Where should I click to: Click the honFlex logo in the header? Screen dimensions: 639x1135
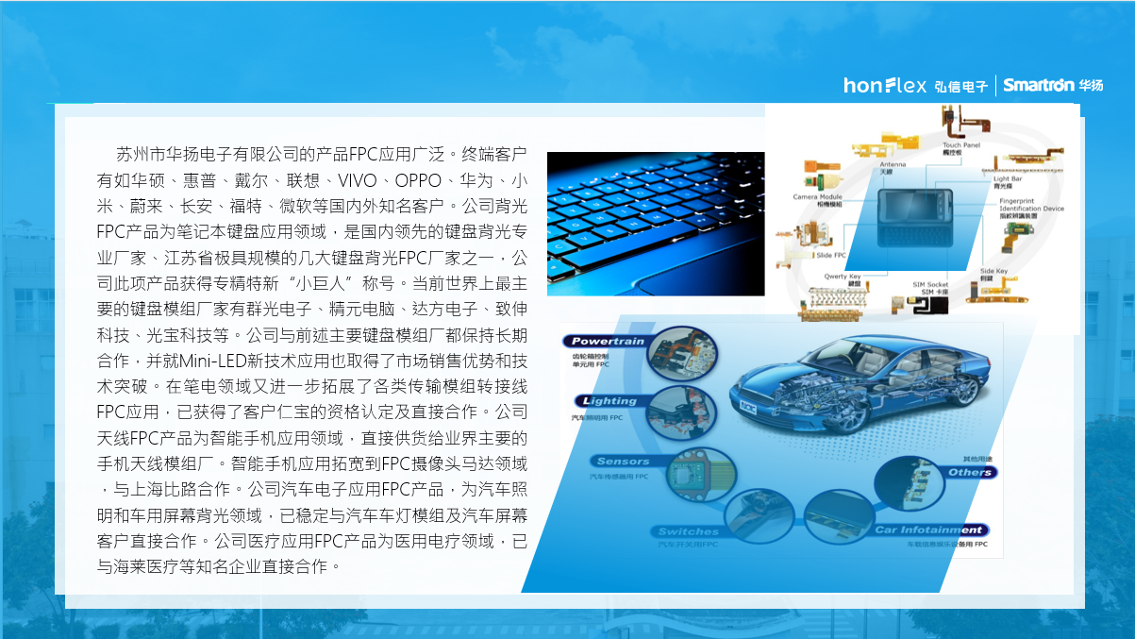pyautogui.click(x=885, y=85)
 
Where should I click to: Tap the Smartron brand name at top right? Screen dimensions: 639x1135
pyautogui.click(x=1039, y=85)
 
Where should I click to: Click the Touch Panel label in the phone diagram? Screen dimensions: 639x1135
pyautogui.click(x=960, y=145)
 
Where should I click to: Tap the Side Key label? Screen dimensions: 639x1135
pyautogui.click(x=993, y=271)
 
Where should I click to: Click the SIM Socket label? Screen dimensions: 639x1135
pyautogui.click(x=929, y=284)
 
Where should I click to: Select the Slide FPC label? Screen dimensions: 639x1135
pyautogui.click(x=830, y=256)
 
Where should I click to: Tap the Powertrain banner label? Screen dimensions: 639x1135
pyautogui.click(x=609, y=341)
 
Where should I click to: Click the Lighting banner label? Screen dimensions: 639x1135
pyautogui.click(x=609, y=400)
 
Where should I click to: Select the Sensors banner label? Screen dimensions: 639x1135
pyautogui.click(x=623, y=462)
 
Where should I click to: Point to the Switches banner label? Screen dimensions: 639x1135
pyautogui.click(x=688, y=532)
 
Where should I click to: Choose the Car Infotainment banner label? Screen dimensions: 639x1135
pyautogui.click(x=929, y=530)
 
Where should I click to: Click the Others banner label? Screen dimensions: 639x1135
pyautogui.click(x=969, y=472)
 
